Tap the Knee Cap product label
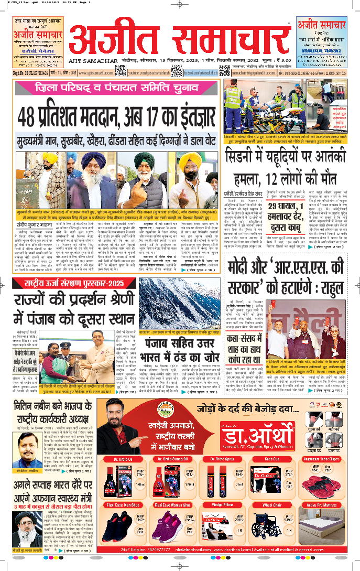tap(275, 459)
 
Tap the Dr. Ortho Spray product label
tap(221, 459)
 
